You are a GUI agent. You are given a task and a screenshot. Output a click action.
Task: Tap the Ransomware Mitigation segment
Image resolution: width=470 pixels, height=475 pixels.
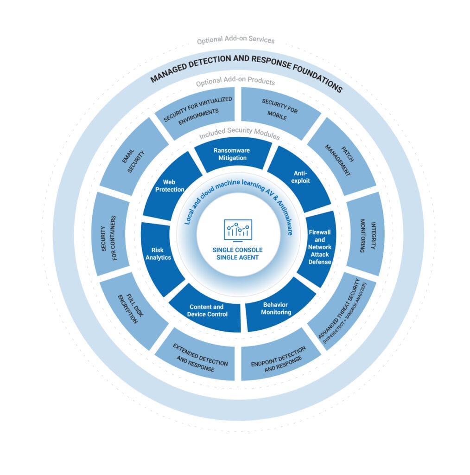(x=230, y=154)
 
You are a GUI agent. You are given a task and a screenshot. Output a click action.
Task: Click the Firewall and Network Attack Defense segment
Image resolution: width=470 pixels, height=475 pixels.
(x=319, y=247)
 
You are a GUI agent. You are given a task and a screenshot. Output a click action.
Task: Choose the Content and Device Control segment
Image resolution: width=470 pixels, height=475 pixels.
(x=207, y=310)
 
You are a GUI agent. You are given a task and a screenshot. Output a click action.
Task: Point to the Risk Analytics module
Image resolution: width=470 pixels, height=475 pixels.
(x=161, y=254)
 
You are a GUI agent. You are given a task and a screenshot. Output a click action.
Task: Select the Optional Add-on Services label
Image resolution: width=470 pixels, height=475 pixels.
(x=235, y=40)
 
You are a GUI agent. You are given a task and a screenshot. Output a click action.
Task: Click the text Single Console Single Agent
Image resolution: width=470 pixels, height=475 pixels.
(x=238, y=254)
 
